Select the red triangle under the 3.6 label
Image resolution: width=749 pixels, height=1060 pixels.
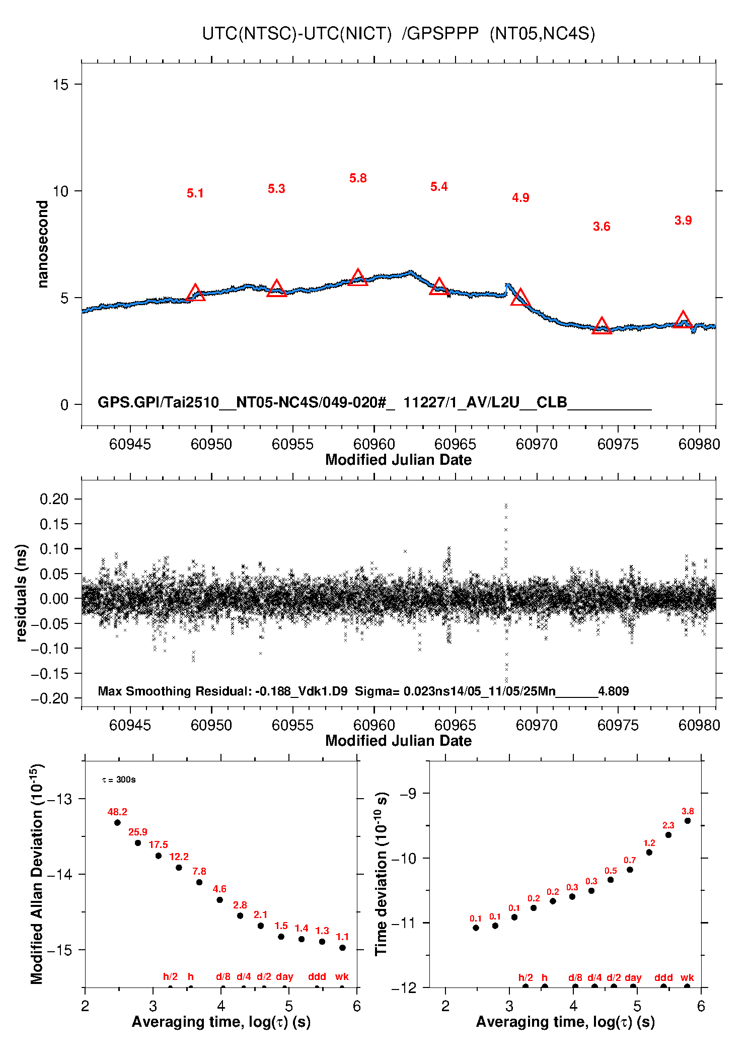[x=602, y=326]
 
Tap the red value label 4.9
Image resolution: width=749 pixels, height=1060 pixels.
[x=520, y=198]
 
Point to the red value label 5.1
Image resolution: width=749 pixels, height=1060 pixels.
[x=195, y=193]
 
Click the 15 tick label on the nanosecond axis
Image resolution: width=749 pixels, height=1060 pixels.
[x=60, y=85]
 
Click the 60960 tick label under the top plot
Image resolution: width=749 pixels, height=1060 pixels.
[x=374, y=444]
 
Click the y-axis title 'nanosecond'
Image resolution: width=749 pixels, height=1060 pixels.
[x=43, y=244]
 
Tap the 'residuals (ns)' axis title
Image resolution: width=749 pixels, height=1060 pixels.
[x=21, y=593]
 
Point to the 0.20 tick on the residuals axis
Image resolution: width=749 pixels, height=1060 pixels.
[x=54, y=499]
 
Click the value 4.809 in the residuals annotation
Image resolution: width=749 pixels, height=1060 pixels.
[x=613, y=691]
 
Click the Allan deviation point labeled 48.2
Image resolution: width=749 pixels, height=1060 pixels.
[x=117, y=823]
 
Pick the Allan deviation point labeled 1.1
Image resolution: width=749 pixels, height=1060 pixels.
[x=342, y=948]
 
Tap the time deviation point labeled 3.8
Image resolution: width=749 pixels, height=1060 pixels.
[x=688, y=821]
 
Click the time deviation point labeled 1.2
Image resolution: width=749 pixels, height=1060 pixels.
[x=649, y=853]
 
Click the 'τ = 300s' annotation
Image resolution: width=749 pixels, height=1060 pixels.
[x=119, y=780]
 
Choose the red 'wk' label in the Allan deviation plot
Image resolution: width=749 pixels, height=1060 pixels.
[x=342, y=977]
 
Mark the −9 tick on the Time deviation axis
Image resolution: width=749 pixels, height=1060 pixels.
[x=408, y=794]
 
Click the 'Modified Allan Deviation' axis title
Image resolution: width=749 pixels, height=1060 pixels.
[x=36, y=874]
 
